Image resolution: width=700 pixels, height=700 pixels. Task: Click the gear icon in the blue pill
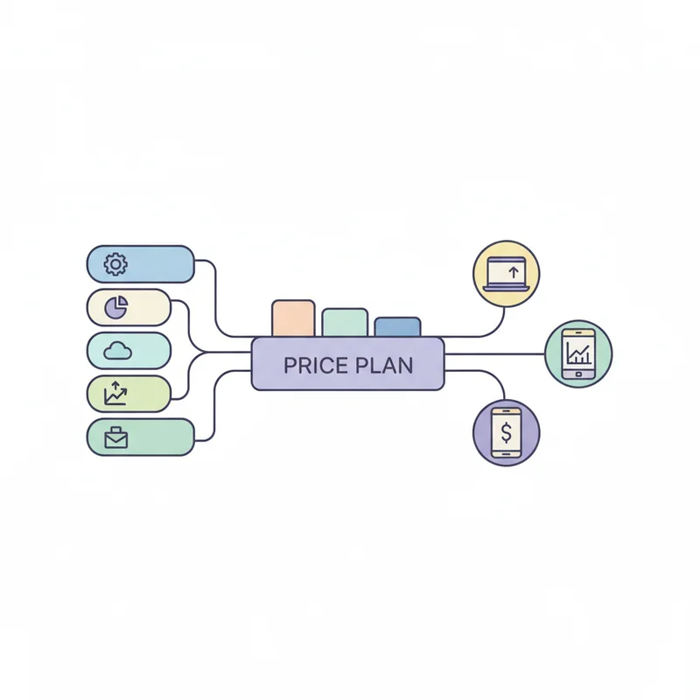[x=115, y=264]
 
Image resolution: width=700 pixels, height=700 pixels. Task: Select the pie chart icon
[x=116, y=307]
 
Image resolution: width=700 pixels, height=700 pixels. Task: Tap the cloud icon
[x=117, y=351]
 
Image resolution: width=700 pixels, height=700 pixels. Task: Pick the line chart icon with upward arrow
[x=115, y=393]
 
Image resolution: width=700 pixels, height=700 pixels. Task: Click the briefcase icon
[x=116, y=437]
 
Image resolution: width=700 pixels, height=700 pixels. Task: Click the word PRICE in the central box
[x=316, y=366]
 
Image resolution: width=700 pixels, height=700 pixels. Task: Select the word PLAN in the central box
[x=384, y=366]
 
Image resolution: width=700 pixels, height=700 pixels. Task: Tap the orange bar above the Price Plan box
[x=293, y=318]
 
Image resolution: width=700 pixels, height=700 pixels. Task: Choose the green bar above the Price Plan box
[x=345, y=322]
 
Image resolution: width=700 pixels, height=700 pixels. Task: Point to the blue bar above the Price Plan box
[x=397, y=326]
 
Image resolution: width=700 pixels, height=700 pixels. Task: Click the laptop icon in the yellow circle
[x=507, y=274]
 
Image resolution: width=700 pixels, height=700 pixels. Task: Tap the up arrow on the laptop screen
[x=514, y=272]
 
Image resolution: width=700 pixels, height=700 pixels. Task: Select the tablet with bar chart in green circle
[x=578, y=354]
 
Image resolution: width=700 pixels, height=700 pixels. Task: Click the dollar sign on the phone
[x=507, y=432]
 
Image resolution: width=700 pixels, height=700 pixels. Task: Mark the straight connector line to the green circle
[x=494, y=354]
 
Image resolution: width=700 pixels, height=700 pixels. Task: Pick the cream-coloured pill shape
[x=129, y=307]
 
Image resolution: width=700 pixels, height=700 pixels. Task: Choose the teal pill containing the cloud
[x=129, y=351]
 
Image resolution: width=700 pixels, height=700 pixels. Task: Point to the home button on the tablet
[x=578, y=374]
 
